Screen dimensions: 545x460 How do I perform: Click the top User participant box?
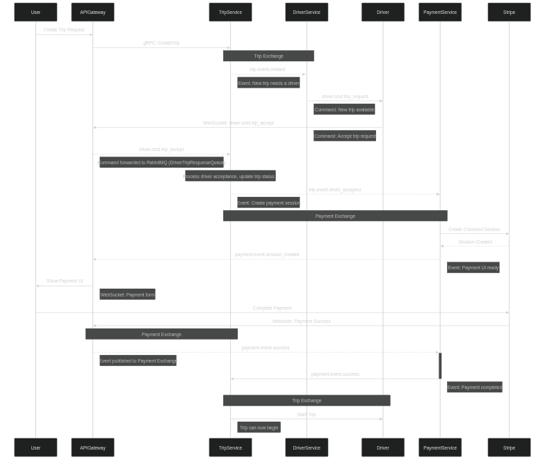coord(35,12)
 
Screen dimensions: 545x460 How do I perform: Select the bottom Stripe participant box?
coord(509,447)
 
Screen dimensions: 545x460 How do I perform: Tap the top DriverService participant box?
coord(307,12)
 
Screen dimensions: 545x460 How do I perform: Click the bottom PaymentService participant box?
coord(440,447)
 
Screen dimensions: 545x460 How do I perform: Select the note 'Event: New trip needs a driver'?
coord(268,83)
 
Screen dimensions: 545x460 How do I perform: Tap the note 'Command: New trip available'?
coord(344,109)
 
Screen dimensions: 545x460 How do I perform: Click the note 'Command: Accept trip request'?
coord(345,136)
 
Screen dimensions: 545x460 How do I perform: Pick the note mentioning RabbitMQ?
coord(161,162)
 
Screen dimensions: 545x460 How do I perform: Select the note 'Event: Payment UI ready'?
coord(473,267)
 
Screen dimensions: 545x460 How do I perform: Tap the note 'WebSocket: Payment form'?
coord(127,294)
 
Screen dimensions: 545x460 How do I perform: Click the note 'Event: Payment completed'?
coord(474,387)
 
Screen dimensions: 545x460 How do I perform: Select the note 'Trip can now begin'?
coord(259,427)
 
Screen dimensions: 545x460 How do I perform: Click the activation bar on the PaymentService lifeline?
coord(440,365)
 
